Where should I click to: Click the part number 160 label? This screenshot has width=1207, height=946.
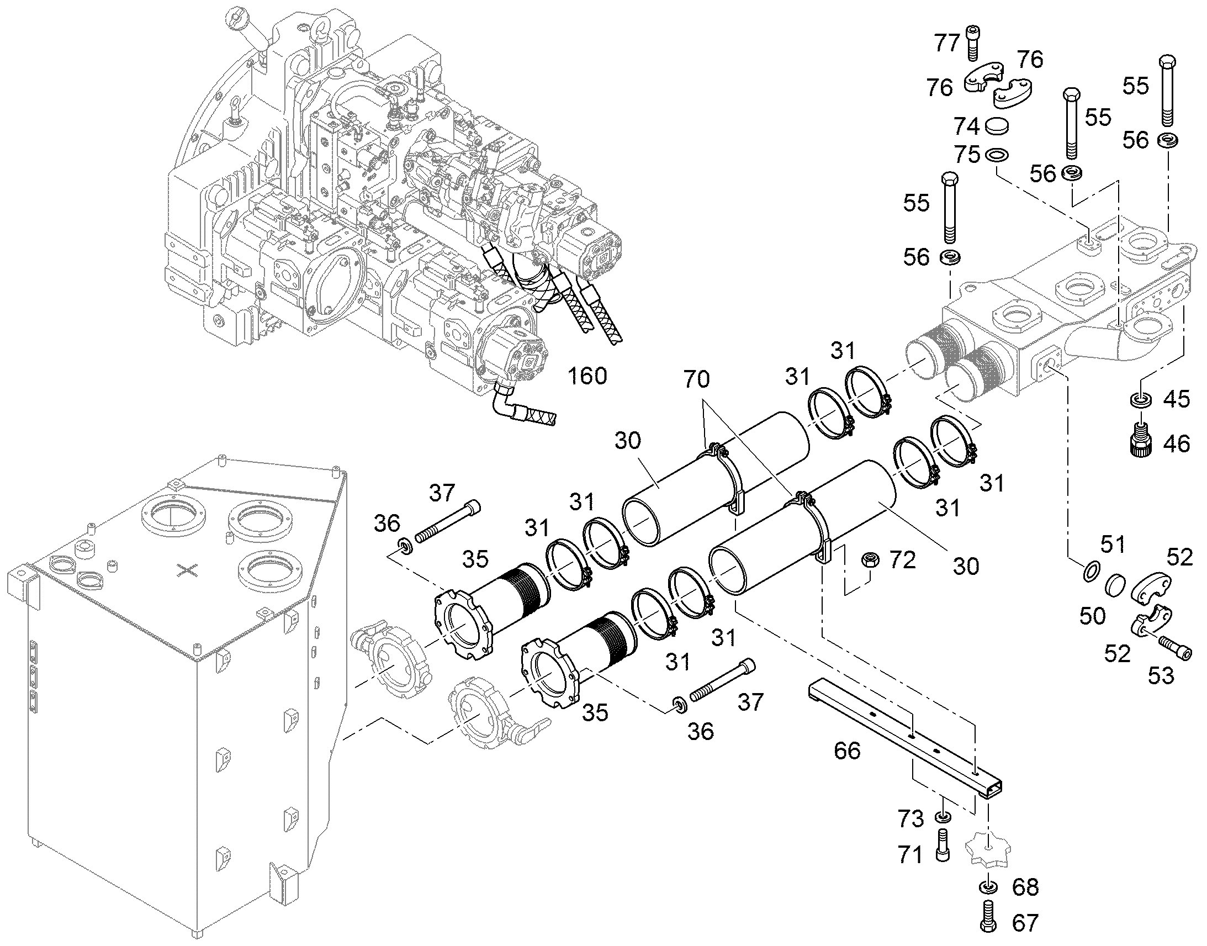tap(587, 376)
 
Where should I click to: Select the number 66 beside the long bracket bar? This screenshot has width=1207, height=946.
tap(847, 751)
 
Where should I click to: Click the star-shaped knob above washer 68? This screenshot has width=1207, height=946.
tap(988, 848)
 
